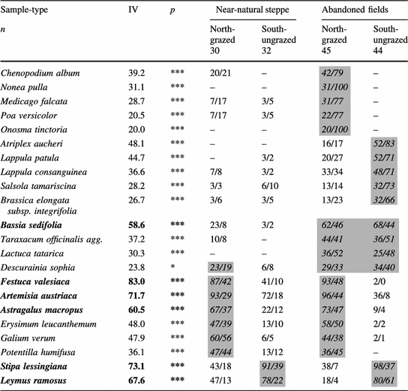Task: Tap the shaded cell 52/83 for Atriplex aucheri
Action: [x=386, y=141]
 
